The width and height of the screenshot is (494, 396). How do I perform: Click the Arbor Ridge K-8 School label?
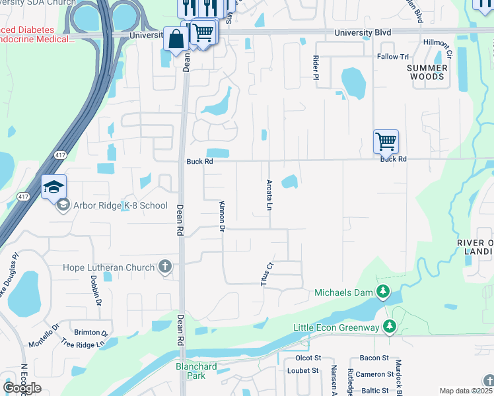[120, 205]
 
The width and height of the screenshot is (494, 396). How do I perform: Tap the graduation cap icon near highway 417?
[53, 186]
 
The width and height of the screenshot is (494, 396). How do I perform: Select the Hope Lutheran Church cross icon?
[165, 267]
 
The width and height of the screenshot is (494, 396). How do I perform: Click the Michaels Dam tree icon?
[382, 292]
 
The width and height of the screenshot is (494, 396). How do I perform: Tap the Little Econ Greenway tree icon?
[390, 326]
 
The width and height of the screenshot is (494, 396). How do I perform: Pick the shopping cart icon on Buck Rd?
[386, 141]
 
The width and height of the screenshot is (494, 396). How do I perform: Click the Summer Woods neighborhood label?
[426, 72]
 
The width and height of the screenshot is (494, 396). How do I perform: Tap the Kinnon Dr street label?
[223, 216]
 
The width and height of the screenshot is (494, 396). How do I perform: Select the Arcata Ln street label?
[269, 194]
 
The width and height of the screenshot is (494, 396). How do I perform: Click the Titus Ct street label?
[269, 273]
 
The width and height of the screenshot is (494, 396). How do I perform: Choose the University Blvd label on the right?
[363, 32]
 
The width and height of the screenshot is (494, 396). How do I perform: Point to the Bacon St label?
[374, 358]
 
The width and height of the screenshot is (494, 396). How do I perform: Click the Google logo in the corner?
[22, 387]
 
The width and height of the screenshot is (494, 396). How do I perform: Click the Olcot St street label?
[308, 358]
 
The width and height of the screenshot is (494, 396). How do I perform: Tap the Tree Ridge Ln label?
[83, 344]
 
